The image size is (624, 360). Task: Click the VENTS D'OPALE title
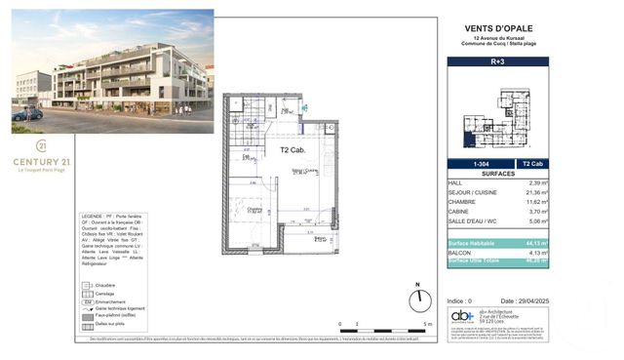tap(497, 28)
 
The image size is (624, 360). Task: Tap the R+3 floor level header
tap(497, 61)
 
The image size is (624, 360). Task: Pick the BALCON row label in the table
tap(460, 253)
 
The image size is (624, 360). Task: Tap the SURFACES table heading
tap(497, 173)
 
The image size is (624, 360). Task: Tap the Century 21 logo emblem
tap(41, 143)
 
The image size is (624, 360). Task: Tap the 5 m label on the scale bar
tap(425, 325)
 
